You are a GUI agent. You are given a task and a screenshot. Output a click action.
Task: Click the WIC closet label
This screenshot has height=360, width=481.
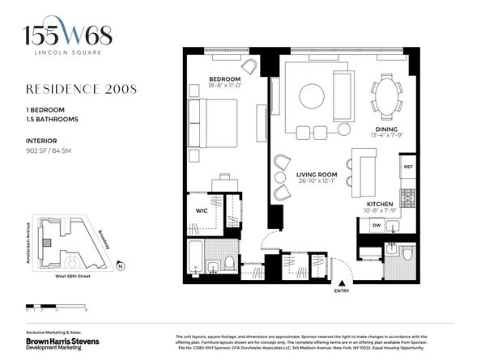pos(202,211)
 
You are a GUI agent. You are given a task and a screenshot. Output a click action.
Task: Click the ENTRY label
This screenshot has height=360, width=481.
pos(341,291)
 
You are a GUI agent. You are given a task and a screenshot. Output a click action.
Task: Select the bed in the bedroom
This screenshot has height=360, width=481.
pos(212,124)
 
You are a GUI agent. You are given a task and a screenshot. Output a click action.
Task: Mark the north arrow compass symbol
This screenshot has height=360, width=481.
pos(120,265)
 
